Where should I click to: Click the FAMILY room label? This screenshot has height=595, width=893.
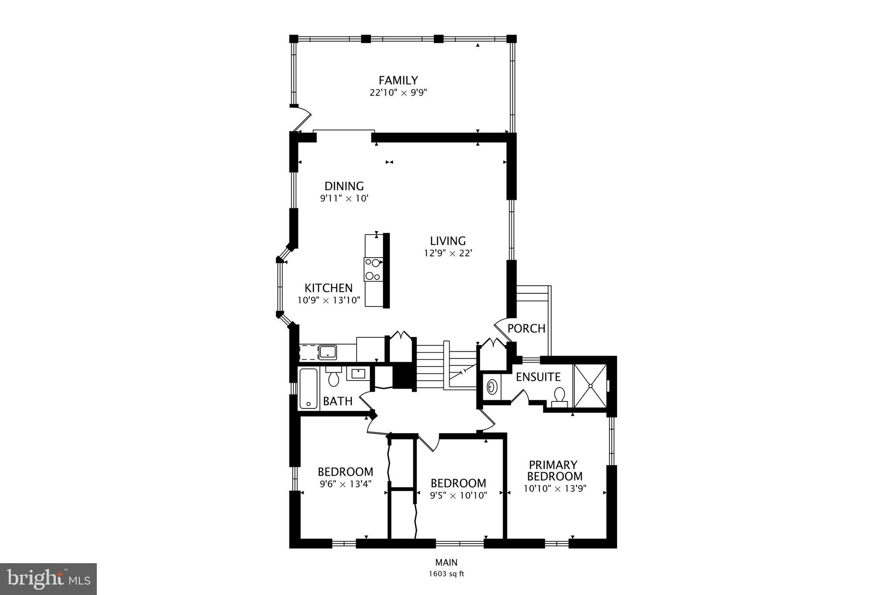pos(398,80)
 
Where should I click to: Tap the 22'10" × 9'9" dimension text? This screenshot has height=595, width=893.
pos(395,92)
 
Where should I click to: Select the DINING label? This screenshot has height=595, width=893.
pos(344,186)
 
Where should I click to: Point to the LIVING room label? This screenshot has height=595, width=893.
pos(448,241)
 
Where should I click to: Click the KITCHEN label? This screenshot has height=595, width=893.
pos(328,288)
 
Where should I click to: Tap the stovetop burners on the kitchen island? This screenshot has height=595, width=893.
pos(373,269)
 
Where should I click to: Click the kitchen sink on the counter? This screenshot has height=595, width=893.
pos(327,352)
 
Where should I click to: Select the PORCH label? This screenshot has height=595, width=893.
pos(526,328)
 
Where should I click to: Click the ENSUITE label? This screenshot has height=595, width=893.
pos(538,377)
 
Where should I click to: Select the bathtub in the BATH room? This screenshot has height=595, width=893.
pos(309,388)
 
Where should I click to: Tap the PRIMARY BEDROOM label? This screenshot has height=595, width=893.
pos(554,470)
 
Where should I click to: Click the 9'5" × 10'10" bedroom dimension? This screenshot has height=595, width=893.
pos(458,495)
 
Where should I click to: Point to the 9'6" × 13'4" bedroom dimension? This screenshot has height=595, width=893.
pos(345,484)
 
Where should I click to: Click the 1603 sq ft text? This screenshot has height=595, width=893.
pos(446,574)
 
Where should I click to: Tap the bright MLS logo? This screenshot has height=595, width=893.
pos(48,579)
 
